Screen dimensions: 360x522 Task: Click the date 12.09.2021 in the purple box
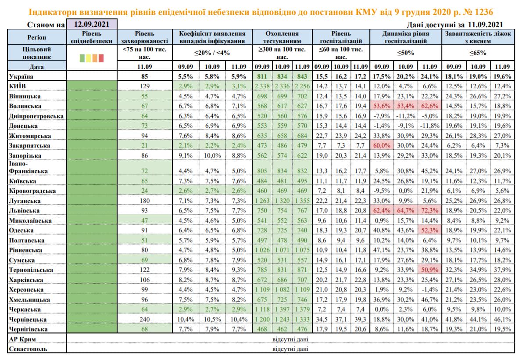(92, 25)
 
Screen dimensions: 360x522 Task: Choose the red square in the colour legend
(101, 58)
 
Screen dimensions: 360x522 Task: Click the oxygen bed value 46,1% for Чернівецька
(502, 320)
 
